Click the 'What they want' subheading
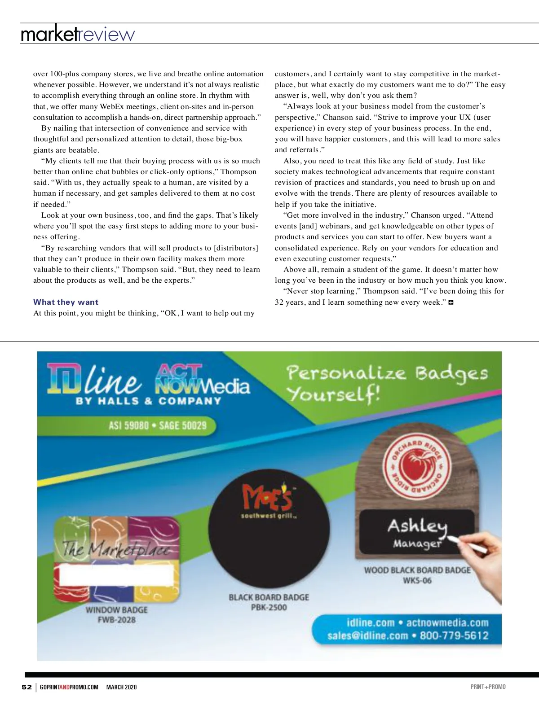(66, 302)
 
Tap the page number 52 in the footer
(27, 687)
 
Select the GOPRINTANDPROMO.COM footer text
(69, 687)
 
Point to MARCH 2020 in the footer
(121, 687)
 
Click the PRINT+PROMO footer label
(488, 687)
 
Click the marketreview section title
(78, 34)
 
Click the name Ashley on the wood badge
(417, 526)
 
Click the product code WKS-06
(417, 581)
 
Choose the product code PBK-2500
(269, 608)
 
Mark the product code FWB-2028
(117, 620)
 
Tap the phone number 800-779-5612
(454, 635)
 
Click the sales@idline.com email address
(367, 635)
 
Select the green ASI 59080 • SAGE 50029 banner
(158, 425)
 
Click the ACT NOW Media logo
(202, 380)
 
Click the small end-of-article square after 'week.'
(451, 302)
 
